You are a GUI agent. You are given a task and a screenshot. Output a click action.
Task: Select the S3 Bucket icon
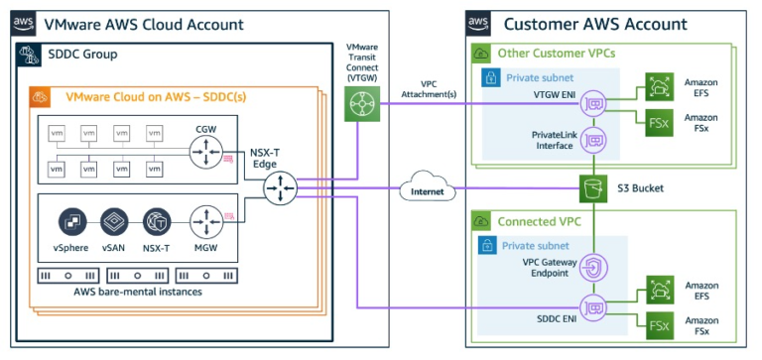pos(594,186)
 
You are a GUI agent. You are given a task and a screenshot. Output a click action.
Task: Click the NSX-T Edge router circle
pos(282,186)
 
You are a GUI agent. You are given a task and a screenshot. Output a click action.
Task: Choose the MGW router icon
pos(206,220)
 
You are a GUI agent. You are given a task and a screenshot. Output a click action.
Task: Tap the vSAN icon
pos(114,220)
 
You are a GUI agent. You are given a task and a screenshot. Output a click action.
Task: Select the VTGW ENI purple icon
pos(594,101)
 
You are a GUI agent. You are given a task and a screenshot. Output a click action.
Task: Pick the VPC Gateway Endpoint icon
pos(594,267)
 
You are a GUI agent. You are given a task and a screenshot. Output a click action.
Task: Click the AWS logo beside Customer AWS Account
pos(478,23)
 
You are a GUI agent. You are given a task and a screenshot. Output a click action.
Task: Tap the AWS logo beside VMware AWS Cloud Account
pos(23,23)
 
